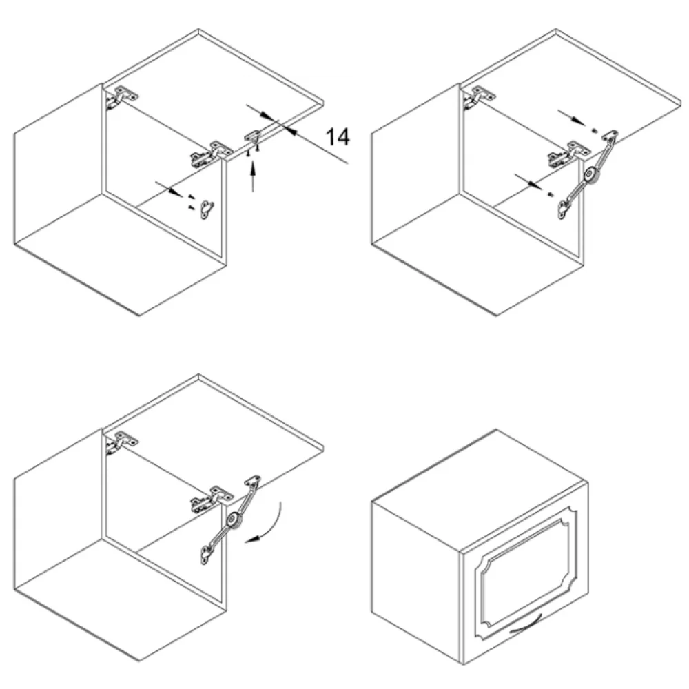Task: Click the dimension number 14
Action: (338, 137)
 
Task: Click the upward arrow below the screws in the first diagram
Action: (253, 176)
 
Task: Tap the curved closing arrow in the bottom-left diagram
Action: (266, 525)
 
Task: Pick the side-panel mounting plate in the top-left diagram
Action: (207, 209)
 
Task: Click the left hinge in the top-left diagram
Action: (120, 97)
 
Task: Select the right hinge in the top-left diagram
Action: (210, 154)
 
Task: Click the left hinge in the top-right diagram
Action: (478, 97)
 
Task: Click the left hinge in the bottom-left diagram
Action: (120, 442)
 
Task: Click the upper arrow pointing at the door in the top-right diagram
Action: (572, 118)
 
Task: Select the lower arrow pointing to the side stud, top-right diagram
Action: (529, 181)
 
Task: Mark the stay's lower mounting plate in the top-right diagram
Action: (563, 209)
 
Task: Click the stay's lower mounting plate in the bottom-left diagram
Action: (205, 555)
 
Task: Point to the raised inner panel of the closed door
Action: (524, 572)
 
